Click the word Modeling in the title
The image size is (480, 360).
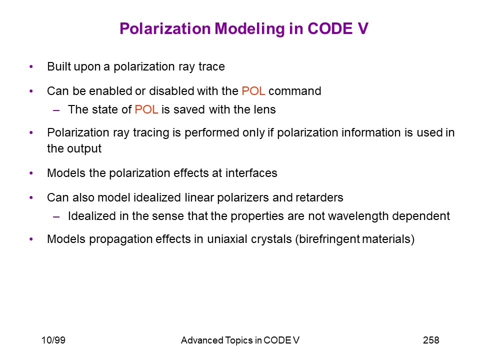(x=249, y=29)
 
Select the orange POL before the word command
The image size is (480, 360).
(x=253, y=91)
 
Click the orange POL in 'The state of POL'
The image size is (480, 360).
(x=146, y=109)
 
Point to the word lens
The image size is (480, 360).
(x=265, y=109)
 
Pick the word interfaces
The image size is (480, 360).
(x=251, y=173)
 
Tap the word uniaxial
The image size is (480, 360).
(x=227, y=239)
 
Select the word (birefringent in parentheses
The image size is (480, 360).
(x=327, y=239)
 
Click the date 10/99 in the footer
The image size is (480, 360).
(x=53, y=340)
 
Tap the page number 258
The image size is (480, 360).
(x=431, y=340)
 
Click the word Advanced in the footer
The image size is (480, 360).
(x=202, y=340)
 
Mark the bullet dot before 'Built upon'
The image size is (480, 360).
(x=31, y=66)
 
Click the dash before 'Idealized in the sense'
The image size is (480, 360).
(x=56, y=216)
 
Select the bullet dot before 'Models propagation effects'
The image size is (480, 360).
(x=31, y=239)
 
